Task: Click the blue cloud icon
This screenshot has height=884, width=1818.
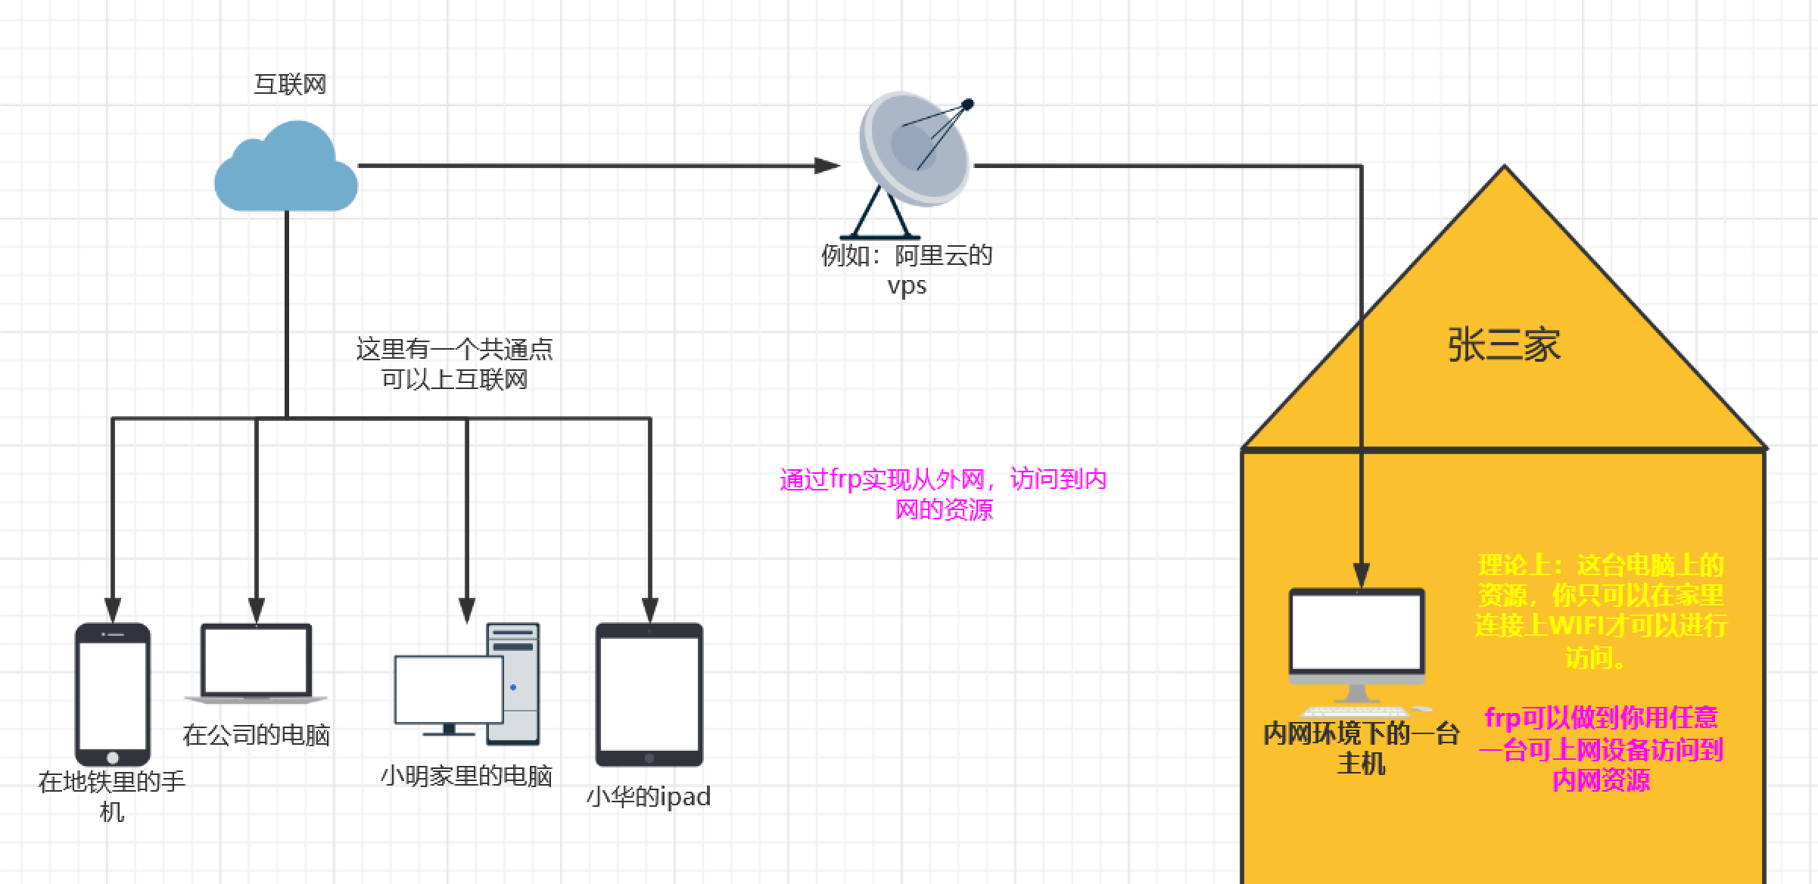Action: [285, 170]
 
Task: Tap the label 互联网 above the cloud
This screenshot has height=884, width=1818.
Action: [290, 84]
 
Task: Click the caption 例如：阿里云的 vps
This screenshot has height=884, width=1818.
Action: [907, 270]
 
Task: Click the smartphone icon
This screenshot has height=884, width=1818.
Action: [112, 693]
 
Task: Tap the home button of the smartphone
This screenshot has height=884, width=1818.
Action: [113, 758]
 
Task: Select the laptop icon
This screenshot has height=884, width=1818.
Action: [256, 662]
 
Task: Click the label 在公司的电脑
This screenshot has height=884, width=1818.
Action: [256, 735]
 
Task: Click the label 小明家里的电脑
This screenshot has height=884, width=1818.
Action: [466, 776]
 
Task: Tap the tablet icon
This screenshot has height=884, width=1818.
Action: [649, 693]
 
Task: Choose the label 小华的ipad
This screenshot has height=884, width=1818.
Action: [649, 796]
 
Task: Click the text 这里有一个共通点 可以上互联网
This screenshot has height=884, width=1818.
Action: [454, 364]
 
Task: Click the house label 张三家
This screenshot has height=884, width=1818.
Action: [1504, 345]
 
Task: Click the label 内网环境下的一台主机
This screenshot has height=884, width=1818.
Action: [1361, 748]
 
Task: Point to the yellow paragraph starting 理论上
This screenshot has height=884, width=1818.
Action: [1601, 611]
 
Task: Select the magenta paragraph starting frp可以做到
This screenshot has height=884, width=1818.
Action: [1601, 749]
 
